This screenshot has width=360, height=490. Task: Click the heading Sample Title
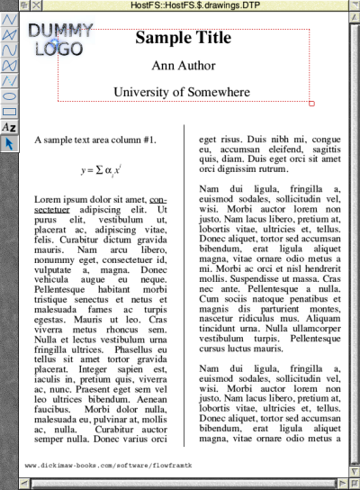click(184, 38)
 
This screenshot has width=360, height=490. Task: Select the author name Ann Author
click(183, 66)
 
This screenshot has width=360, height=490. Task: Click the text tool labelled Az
click(9, 128)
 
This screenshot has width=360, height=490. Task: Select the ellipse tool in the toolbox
click(9, 97)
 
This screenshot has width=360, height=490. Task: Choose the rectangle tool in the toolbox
click(9, 113)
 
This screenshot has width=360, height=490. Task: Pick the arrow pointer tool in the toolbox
click(9, 142)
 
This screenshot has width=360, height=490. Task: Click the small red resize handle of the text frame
click(311, 104)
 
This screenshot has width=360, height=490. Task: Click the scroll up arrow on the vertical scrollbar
click(353, 20)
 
